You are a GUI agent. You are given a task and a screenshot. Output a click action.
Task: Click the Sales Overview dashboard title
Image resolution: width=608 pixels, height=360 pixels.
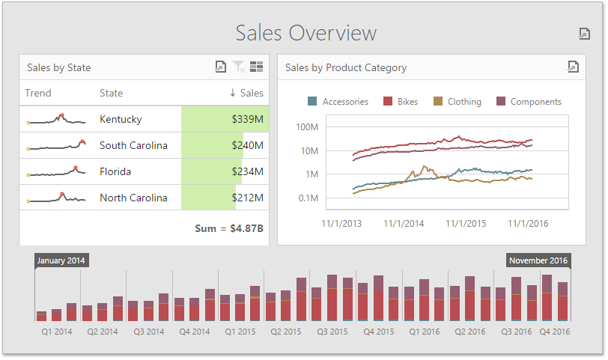(305, 33)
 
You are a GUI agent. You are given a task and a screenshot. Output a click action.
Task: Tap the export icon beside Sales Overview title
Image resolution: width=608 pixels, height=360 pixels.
(585, 34)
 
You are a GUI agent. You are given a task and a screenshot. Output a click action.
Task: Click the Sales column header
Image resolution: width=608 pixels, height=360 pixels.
(246, 93)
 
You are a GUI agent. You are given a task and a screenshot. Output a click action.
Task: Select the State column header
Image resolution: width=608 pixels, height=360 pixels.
(111, 93)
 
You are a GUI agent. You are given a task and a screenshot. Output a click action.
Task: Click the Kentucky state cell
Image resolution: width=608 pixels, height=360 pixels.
(121, 119)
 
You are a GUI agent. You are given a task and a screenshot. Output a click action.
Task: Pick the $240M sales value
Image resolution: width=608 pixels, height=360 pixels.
(247, 145)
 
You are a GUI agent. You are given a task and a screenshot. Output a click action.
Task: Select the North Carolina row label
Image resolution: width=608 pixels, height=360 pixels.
(133, 198)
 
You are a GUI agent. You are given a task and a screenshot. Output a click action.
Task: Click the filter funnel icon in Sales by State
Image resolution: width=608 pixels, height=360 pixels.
(239, 67)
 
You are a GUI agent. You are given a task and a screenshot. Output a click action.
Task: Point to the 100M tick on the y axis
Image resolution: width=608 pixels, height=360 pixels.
(308, 126)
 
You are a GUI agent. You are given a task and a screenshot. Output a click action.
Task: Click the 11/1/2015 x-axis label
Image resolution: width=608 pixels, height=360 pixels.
(466, 223)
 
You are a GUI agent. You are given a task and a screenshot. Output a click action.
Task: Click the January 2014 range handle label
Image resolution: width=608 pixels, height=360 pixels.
(61, 260)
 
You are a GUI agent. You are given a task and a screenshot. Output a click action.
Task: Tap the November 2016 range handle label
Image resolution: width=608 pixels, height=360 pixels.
(538, 260)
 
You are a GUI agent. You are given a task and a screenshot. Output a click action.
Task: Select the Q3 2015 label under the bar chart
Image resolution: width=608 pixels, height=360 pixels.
(332, 331)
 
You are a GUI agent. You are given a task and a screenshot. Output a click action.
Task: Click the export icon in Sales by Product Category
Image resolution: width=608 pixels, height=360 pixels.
(573, 67)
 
